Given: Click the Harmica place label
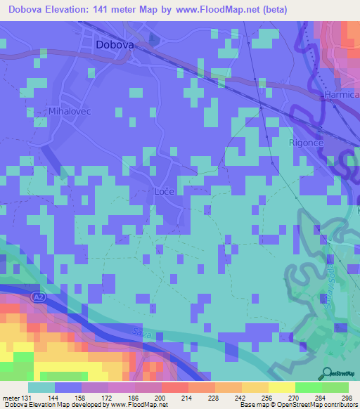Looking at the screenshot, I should [340, 93].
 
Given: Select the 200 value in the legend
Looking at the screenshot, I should [161, 397].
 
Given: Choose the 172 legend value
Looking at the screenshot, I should [108, 397].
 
